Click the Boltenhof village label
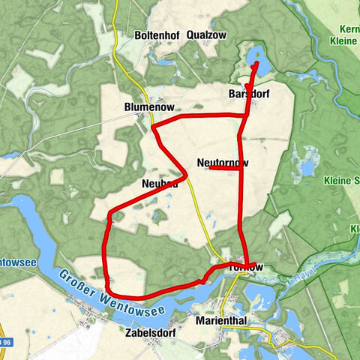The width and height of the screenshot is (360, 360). [156, 35]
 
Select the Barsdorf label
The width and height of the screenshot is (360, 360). [248, 94]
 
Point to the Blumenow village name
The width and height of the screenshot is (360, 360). [148, 107]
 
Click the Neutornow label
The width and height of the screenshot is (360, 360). [223, 163]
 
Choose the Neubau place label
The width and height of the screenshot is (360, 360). [159, 184]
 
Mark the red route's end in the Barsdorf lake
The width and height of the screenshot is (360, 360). [256, 64]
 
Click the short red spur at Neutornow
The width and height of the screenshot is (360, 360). [223, 168]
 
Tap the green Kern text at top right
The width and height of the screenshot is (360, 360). [349, 29]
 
